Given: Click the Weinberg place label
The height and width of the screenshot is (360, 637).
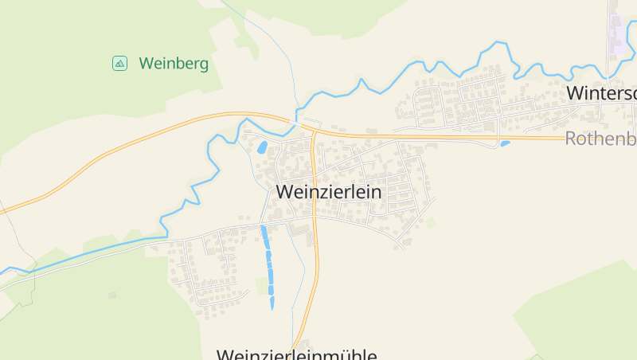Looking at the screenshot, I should tap(174, 64).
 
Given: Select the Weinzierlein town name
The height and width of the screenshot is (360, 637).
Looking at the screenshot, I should tap(329, 192).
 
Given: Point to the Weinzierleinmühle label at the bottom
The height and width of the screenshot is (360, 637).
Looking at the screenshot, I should tap(297, 354).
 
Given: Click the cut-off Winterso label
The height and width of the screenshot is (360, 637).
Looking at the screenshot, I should tap(601, 92).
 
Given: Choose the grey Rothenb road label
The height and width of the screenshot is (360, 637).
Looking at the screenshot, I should tap(600, 139).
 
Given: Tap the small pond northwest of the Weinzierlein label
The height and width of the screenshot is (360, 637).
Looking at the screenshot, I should tap(262, 147).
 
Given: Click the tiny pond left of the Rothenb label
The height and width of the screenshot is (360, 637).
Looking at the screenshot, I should tap(505, 143).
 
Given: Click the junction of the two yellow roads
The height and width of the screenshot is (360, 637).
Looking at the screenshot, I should tap(315, 131).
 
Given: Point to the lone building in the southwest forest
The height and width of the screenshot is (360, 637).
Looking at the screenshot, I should tap(111, 295).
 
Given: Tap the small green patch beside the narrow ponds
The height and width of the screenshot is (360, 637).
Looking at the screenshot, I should tap(260, 287).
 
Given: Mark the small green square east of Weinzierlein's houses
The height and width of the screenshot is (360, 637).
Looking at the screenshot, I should tap(431, 223).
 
